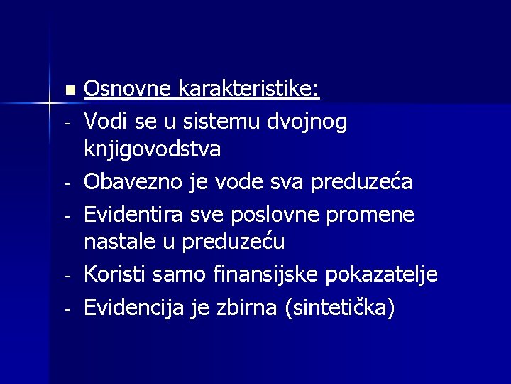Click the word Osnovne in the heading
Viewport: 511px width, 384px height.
[x=128, y=90]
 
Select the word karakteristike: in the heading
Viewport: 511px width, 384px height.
[x=248, y=90]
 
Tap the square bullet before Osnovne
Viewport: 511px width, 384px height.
[x=68, y=90]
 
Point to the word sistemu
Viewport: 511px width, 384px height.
[x=206, y=122]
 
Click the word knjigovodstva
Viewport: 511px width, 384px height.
[x=153, y=150]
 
